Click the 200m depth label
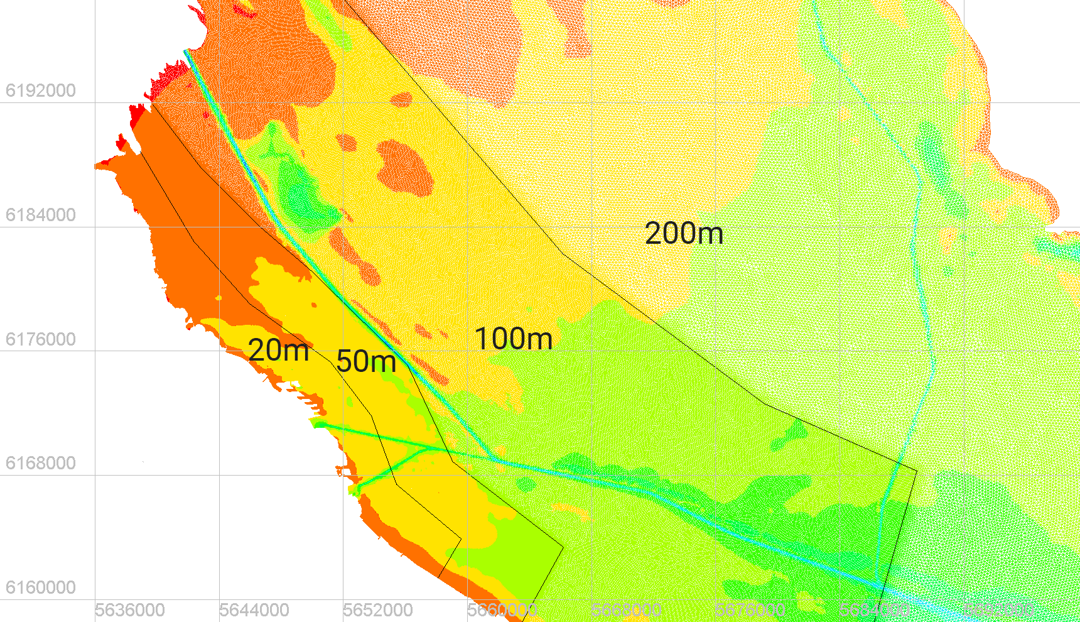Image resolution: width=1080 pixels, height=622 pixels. click(x=684, y=233)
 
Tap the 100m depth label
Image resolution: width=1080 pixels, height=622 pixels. click(x=513, y=339)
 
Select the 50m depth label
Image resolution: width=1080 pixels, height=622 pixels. click(x=366, y=361)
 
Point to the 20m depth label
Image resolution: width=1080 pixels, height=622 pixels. click(x=278, y=350)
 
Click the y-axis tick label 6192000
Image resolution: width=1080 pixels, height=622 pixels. click(x=40, y=90)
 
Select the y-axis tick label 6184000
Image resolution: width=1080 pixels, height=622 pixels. click(x=40, y=215)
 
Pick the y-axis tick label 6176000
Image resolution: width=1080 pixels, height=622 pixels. click(x=40, y=339)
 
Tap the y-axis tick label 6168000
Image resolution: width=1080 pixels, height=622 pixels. click(x=40, y=463)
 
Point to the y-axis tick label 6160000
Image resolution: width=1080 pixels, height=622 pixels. click(x=40, y=587)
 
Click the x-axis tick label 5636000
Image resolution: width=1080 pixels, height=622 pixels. click(x=130, y=610)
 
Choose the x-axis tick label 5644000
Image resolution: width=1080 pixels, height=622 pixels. click(x=254, y=610)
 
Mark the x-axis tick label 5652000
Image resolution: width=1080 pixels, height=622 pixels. click(x=378, y=610)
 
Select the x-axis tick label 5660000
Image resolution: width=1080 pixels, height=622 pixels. click(x=502, y=610)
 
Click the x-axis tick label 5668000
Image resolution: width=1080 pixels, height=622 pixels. click(x=626, y=610)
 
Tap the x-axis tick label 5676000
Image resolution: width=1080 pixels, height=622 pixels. click(x=750, y=610)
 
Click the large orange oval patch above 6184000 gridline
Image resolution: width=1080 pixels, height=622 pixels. click(x=405, y=166)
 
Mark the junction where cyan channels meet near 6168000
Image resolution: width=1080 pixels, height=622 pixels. click(x=496, y=460)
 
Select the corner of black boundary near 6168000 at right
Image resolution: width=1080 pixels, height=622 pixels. click(x=917, y=470)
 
